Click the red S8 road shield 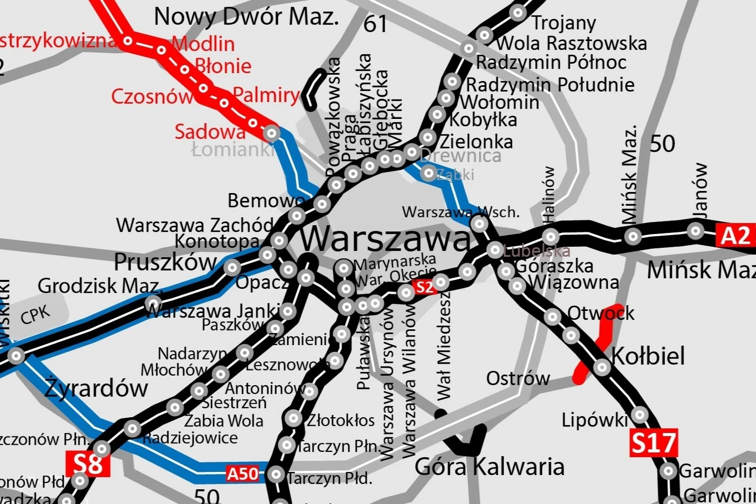click(87, 464)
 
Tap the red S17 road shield click(654, 443)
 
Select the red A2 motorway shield click(736, 235)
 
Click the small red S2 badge click(424, 287)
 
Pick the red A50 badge click(242, 474)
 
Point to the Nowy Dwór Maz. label click(246, 17)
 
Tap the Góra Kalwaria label click(490, 467)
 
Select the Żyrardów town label click(96, 388)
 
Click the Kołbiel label click(648, 356)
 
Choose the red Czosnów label click(151, 96)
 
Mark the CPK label click(35, 315)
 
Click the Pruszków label click(165, 262)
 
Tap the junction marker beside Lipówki click(640, 414)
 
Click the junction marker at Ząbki click(428, 173)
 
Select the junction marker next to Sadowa click(271, 133)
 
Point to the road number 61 click(375, 24)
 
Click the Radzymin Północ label click(551, 63)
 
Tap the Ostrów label click(518, 378)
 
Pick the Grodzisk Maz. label click(100, 286)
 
